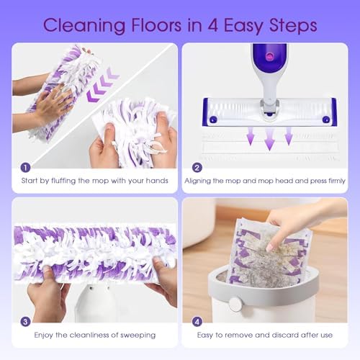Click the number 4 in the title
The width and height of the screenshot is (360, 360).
tap(212, 25)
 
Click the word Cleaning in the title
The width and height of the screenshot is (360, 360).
tap(84, 25)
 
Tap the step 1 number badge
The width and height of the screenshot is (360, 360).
tap(25, 168)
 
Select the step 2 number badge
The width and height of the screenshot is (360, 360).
tap(197, 168)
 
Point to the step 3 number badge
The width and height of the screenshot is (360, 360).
tap(25, 322)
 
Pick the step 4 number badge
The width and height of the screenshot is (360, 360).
tap(197, 322)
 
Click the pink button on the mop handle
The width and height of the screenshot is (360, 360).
tap(269, 57)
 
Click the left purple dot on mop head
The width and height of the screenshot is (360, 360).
tap(213, 120)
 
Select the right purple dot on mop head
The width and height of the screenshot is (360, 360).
tap(325, 120)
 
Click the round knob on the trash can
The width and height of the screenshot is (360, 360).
tap(235, 305)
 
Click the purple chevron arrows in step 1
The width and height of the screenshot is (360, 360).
tap(103, 84)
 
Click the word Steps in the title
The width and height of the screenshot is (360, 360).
tap(293, 25)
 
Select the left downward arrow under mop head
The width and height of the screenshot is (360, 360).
tap(251, 136)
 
